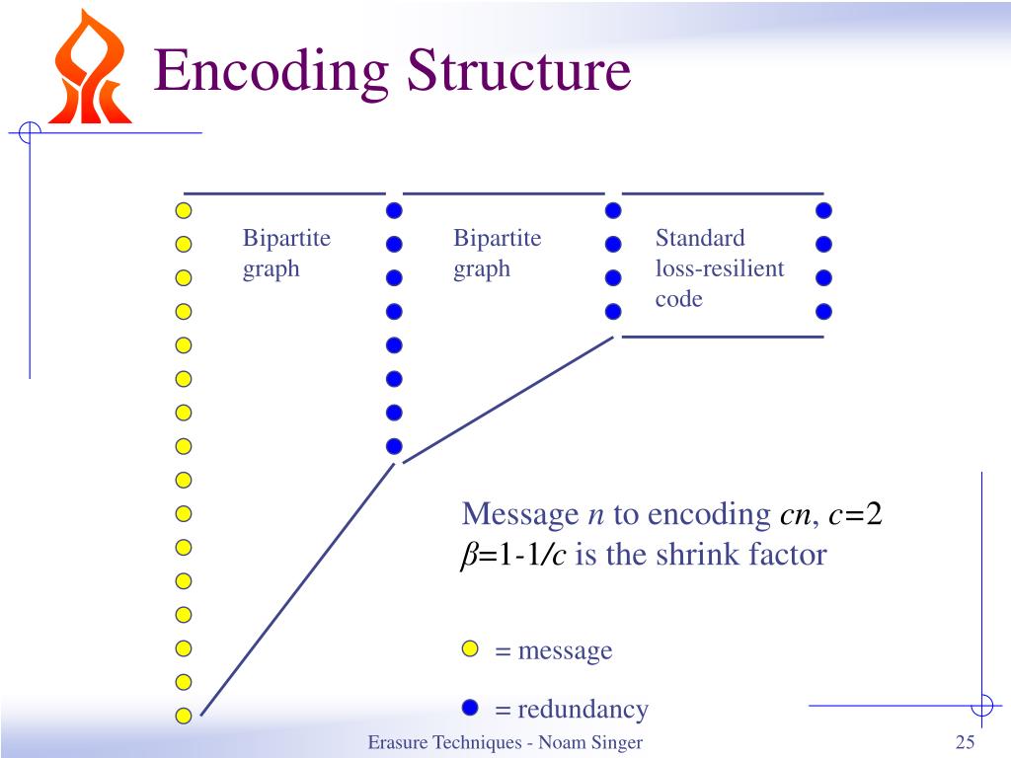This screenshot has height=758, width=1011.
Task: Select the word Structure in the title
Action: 519,71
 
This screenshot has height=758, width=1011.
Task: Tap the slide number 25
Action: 965,743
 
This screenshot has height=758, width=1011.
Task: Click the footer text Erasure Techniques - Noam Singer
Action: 505,743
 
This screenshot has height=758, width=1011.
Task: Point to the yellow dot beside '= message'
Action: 470,648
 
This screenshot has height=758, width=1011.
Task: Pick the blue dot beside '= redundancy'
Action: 470,708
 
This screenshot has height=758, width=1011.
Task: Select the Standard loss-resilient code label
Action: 719,268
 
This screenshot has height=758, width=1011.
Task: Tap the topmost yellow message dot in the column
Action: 183,210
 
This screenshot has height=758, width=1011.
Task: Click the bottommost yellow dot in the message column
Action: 183,716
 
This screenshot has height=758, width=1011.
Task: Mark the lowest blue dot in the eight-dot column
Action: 394,445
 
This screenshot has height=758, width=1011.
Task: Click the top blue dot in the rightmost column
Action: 824,210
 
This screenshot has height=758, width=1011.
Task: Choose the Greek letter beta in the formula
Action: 468,556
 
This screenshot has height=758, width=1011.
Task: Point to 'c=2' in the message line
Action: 854,515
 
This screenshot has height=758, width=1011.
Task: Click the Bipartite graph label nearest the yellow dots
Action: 286,253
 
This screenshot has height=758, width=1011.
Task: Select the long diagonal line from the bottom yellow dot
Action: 296,590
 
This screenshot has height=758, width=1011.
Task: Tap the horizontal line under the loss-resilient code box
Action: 723,337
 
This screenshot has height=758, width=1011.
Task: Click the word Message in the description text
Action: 520,515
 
